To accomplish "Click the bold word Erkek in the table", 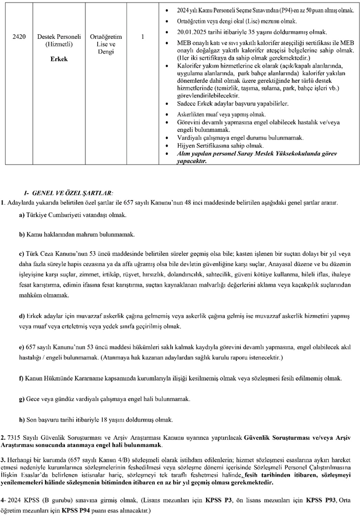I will (59, 59).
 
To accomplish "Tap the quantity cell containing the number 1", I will (142, 37).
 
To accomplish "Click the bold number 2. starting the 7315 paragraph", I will (4, 438).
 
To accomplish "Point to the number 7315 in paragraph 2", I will (15, 438).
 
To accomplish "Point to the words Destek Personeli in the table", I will (59, 37).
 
